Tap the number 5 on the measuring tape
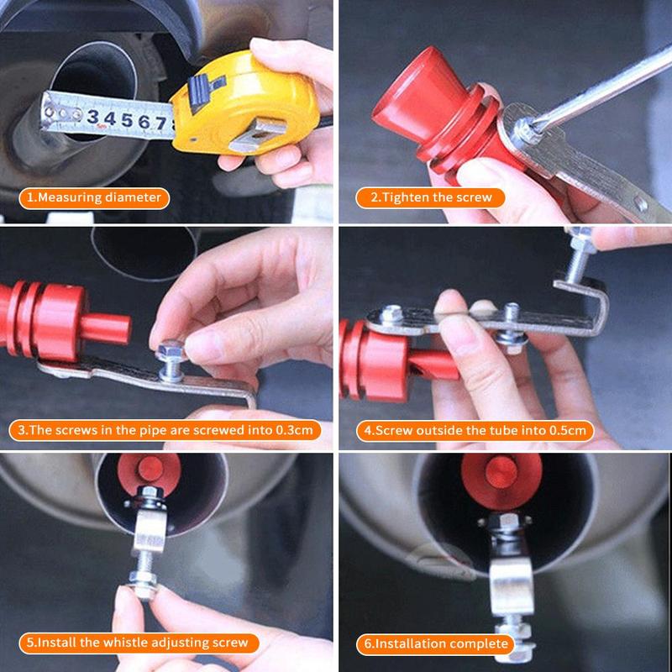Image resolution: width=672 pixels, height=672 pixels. (128, 118)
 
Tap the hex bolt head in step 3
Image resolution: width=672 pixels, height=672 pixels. (169, 347)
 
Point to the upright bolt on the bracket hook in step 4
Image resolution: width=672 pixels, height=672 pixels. (579, 256)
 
